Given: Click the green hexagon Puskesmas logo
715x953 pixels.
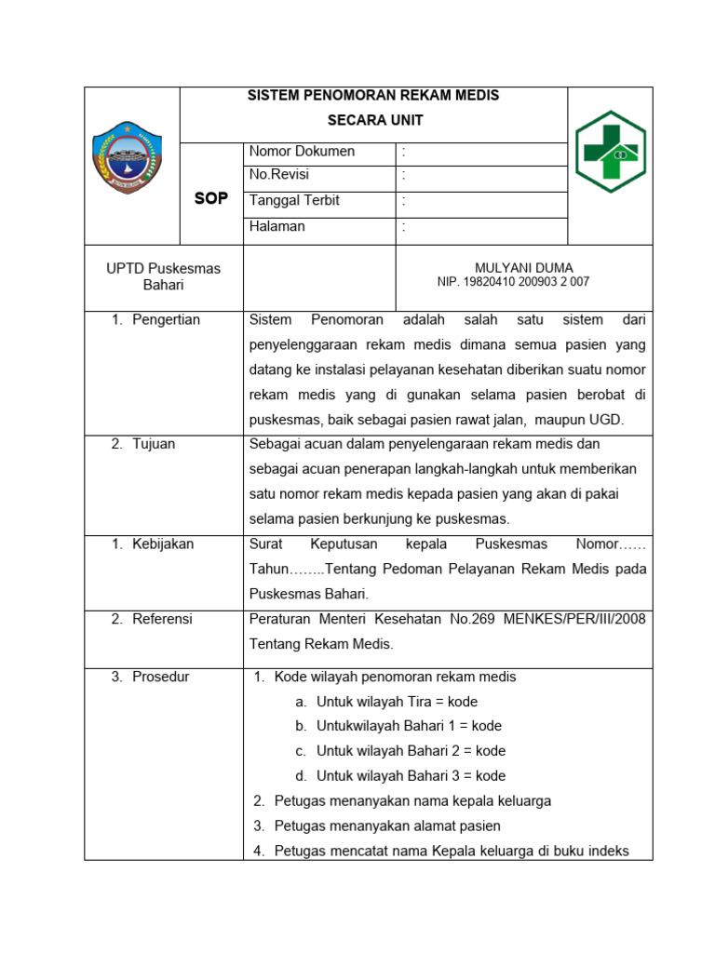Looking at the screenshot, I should [x=610, y=152].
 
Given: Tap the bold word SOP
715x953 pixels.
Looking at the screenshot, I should [x=210, y=198].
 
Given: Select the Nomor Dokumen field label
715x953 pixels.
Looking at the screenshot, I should [x=302, y=151].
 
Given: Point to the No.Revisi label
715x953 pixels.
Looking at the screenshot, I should [x=279, y=175].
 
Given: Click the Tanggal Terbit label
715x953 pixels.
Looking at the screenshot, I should [x=294, y=200].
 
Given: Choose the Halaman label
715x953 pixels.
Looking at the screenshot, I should [x=277, y=225].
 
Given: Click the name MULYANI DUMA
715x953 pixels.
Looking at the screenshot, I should [x=524, y=267].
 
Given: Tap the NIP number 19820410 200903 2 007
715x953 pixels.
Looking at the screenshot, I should [x=513, y=281].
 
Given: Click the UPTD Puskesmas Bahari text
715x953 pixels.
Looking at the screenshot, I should [x=164, y=276].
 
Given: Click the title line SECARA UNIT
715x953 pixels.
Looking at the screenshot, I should [x=373, y=120].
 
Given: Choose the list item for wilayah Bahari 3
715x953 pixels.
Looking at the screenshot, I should [x=411, y=775].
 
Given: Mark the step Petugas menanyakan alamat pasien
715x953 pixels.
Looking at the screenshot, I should [x=387, y=825].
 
